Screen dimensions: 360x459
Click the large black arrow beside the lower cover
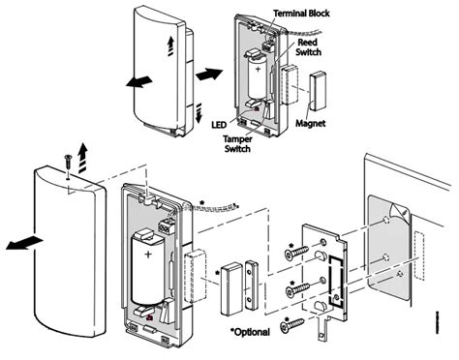pos(18,245)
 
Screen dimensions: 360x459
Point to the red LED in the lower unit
pos(151,315)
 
